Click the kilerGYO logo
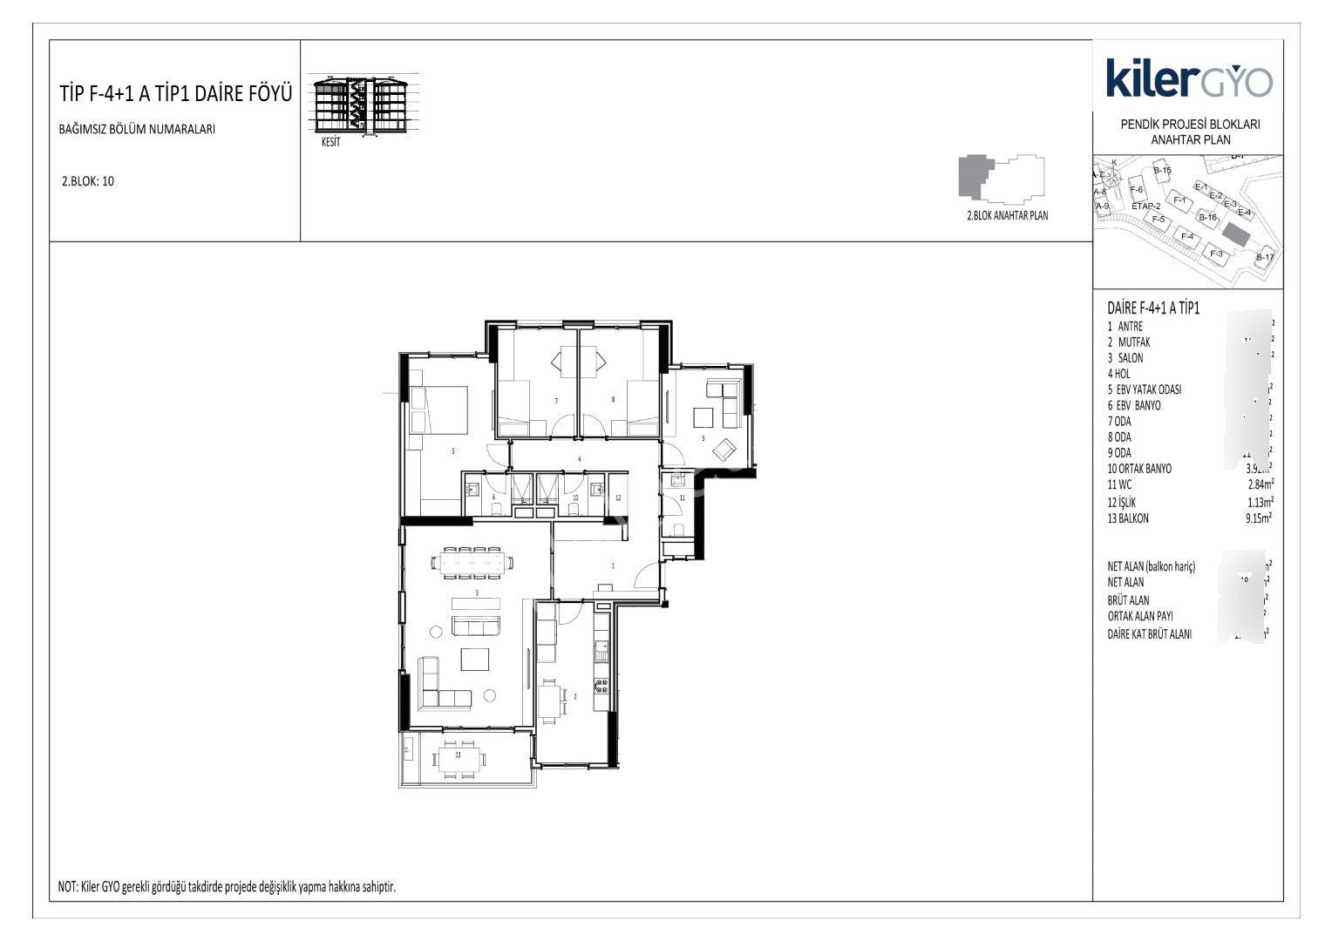pyautogui.click(x=1189, y=78)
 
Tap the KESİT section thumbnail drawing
pyautogui.click(x=366, y=107)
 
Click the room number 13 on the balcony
pyautogui.click(x=458, y=755)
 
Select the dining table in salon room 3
pyautogui.click(x=472, y=562)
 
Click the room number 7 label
pyautogui.click(x=556, y=401)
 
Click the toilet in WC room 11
pyautogui.click(x=677, y=530)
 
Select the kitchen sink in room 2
pyautogui.click(x=600, y=648)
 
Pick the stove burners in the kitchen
pyautogui.click(x=600, y=684)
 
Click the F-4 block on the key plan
pyautogui.click(x=1186, y=236)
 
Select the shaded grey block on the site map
pyautogui.click(x=1235, y=233)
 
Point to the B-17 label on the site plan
pyautogui.click(x=1265, y=258)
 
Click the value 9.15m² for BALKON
pyautogui.click(x=1259, y=518)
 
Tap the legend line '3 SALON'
pyautogui.click(x=1125, y=358)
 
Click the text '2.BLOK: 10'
pyautogui.click(x=87, y=182)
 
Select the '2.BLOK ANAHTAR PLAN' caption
pyautogui.click(x=1007, y=215)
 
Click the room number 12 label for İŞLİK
pyautogui.click(x=617, y=498)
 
